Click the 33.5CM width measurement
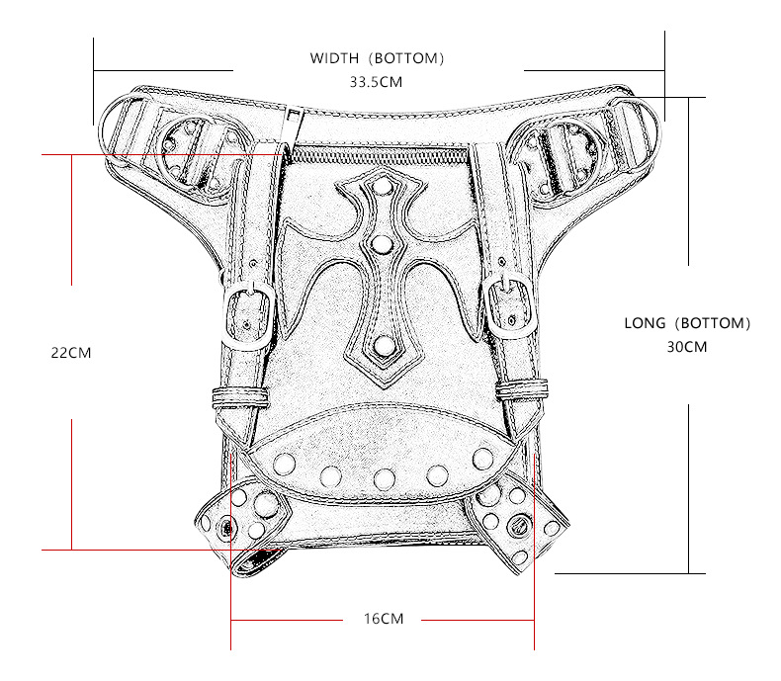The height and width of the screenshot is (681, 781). click(376, 82)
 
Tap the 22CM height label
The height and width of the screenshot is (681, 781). click(71, 353)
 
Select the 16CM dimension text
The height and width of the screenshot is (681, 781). click(384, 619)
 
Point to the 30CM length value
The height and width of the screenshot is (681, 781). click(687, 347)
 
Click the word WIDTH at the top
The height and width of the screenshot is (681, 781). click(334, 58)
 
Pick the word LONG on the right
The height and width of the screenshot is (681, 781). click(645, 323)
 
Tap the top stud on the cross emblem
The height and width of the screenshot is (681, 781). click(384, 187)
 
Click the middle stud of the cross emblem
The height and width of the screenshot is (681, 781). click(383, 244)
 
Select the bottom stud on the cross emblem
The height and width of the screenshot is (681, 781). click(384, 346)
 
